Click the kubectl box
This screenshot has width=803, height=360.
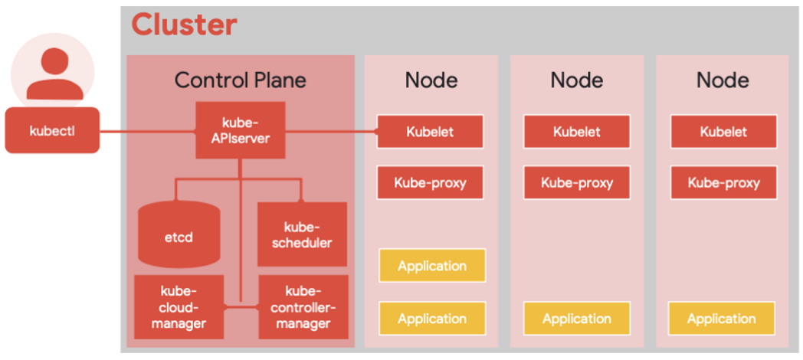(x=52, y=130)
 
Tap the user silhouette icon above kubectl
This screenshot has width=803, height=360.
(x=54, y=74)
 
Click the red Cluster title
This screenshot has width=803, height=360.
(x=185, y=24)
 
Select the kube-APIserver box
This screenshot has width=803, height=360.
(x=241, y=130)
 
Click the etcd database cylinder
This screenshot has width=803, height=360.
(x=179, y=234)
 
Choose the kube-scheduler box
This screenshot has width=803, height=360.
(x=302, y=234)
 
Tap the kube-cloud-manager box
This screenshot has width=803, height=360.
(x=179, y=306)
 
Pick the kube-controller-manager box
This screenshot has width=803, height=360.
(x=303, y=306)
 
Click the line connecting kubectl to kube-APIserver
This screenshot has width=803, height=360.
(x=148, y=132)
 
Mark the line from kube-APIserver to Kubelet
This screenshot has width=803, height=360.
(x=331, y=132)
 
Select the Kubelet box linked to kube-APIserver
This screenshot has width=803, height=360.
(x=430, y=132)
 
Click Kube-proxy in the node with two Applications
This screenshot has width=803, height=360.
(x=430, y=182)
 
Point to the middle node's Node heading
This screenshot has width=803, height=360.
(x=577, y=80)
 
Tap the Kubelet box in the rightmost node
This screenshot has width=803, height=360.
(x=723, y=132)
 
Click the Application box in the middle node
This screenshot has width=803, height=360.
(x=577, y=319)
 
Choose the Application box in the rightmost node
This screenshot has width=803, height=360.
(x=722, y=319)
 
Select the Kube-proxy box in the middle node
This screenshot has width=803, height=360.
(x=577, y=182)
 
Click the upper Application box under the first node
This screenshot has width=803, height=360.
(x=432, y=265)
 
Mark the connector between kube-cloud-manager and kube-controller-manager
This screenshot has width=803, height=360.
(x=241, y=306)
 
